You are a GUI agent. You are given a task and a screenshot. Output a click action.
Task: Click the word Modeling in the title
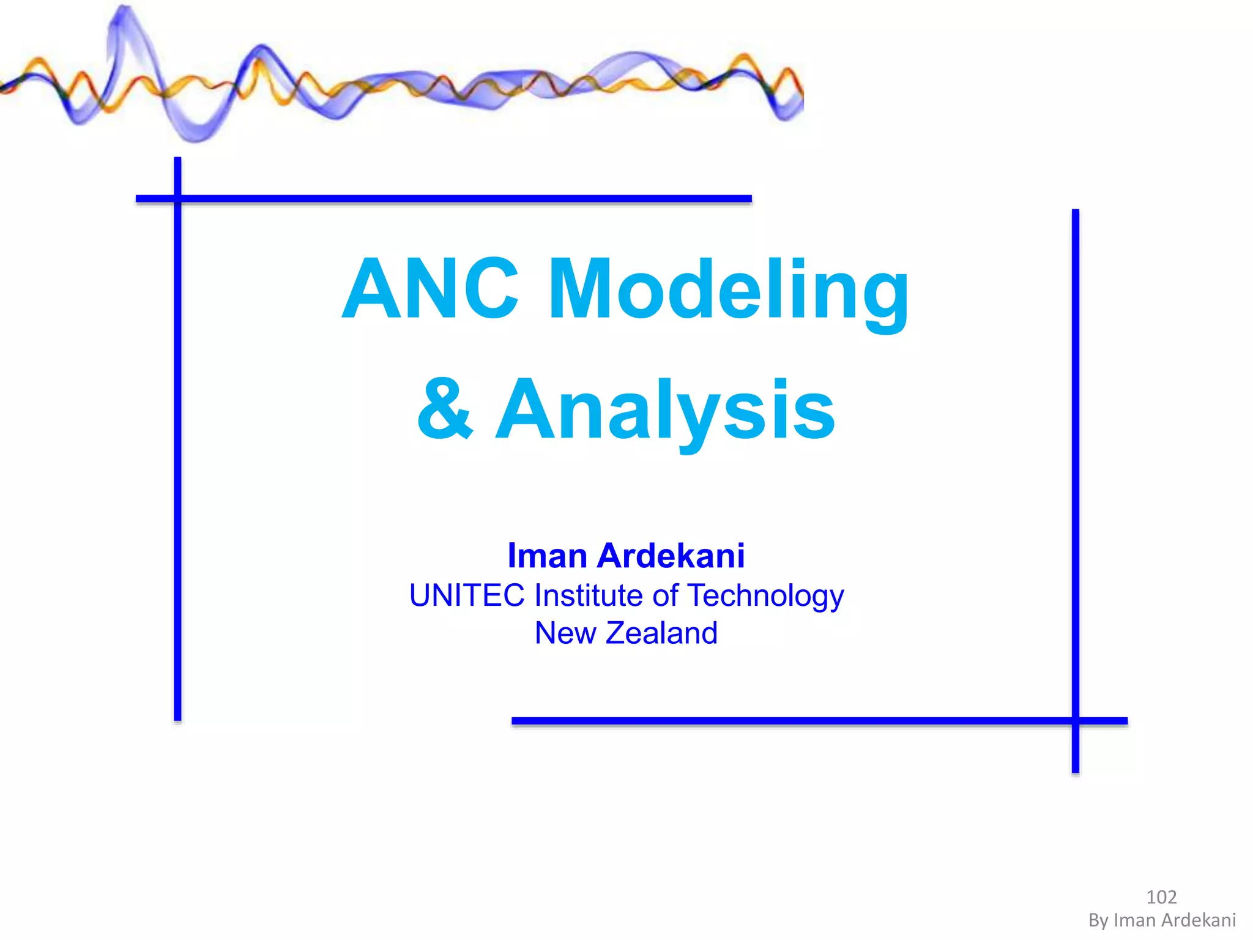point(728,289)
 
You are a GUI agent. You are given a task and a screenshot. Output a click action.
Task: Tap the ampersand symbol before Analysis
point(445,409)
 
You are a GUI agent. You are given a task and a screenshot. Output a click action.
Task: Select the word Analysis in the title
point(665,409)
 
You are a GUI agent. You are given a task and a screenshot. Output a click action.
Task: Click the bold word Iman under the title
point(548,556)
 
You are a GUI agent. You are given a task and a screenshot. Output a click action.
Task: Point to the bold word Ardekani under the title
point(671,556)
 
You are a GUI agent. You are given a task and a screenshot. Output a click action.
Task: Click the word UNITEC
point(467,595)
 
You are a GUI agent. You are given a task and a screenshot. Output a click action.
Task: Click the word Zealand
point(661,633)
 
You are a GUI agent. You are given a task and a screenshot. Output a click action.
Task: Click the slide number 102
point(1161,897)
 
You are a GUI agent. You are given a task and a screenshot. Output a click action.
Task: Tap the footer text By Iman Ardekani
point(1162,920)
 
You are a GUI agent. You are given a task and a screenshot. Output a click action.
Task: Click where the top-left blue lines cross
point(177,198)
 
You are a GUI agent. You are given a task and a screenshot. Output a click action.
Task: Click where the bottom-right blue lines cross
point(1075,721)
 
